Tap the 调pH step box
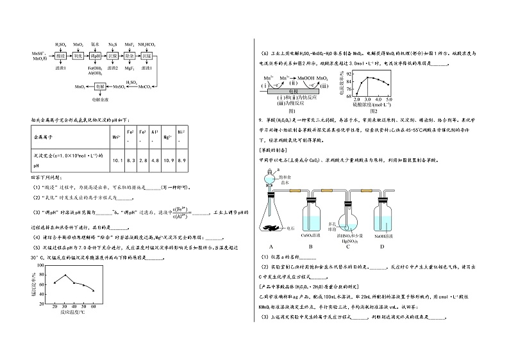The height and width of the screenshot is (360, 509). pos(96,56)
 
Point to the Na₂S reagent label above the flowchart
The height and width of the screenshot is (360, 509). pos(112,45)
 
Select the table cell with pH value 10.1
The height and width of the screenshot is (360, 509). pos(117,160)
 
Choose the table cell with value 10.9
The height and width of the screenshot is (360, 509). pos(168,160)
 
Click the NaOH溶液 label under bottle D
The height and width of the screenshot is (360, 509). pos(382,236)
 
